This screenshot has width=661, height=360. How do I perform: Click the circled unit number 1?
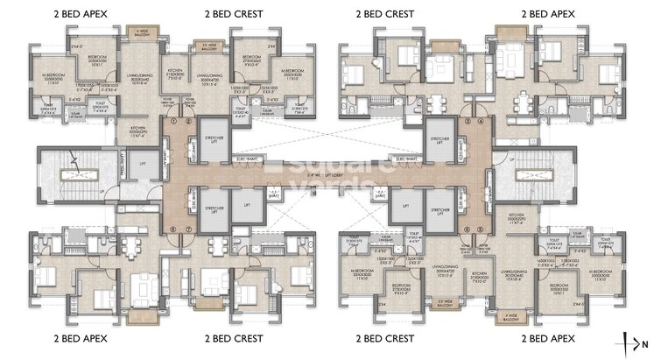[x=175, y=122]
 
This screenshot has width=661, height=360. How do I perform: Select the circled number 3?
[x=468, y=122]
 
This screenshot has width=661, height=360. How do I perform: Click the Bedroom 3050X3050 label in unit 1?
[x=97, y=59]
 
